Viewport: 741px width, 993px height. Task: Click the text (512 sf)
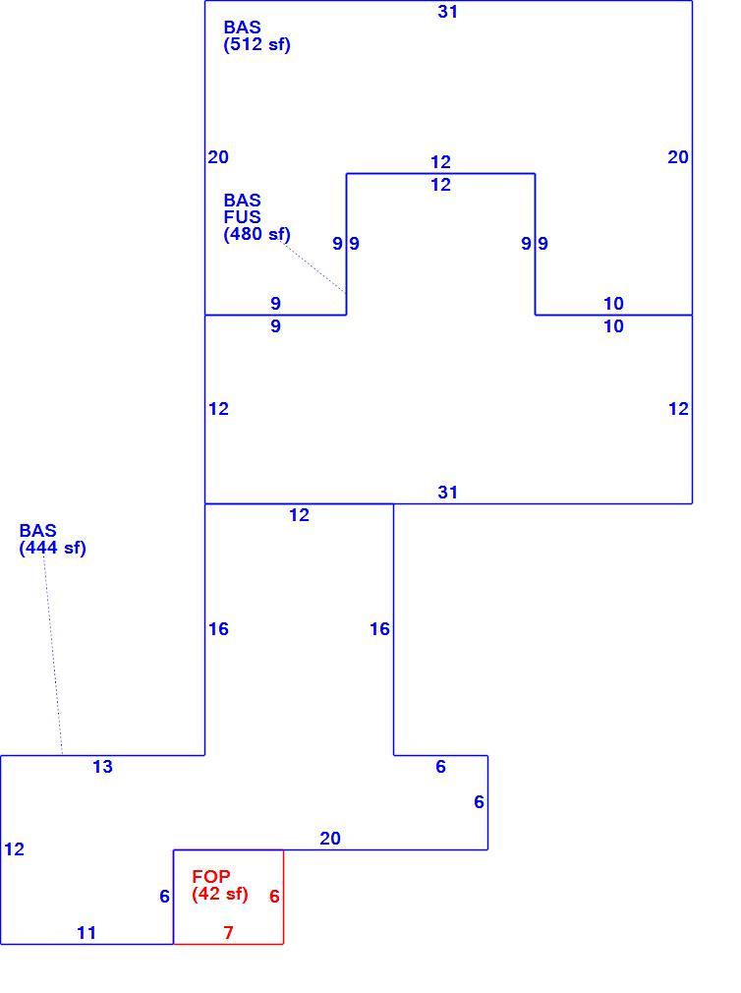(256, 45)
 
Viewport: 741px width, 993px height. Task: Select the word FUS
(242, 217)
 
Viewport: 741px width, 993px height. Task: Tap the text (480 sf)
(256, 234)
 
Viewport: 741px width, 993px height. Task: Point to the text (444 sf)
(52, 548)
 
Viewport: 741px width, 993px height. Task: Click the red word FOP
(210, 877)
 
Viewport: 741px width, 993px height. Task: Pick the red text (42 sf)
(219, 895)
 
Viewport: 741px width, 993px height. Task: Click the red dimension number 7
(228, 933)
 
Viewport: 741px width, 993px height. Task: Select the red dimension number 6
(274, 897)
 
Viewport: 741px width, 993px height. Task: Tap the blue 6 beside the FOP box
(164, 897)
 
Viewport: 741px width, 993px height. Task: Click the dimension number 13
(102, 767)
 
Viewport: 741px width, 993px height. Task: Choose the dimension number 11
(86, 933)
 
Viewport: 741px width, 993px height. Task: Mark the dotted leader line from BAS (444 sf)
(53, 656)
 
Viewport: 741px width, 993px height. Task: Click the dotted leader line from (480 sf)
(313, 266)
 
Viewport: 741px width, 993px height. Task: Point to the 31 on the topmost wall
(447, 12)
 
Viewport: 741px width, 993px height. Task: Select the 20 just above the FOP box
(329, 839)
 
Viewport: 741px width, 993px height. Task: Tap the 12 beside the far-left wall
(14, 849)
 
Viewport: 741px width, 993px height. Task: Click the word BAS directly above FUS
(242, 201)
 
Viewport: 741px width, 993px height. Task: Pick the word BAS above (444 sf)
(37, 531)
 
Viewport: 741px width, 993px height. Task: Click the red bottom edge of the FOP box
(228, 944)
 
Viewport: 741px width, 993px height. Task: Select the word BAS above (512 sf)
(242, 28)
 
